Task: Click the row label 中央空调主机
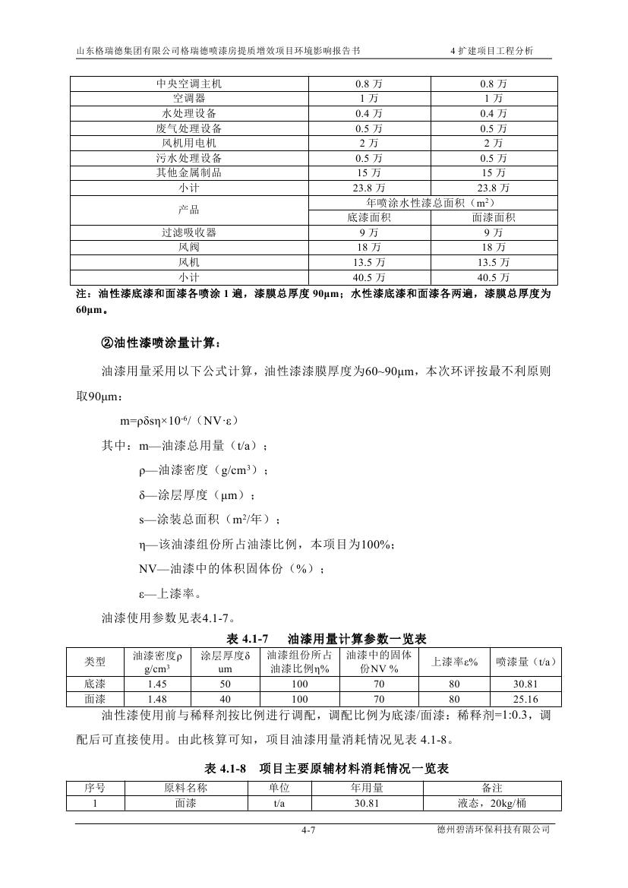coord(189,84)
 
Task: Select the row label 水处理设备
coord(189,113)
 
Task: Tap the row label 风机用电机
coord(189,143)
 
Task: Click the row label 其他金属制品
coord(189,172)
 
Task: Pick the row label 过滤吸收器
coord(189,232)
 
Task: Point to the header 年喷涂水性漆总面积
coord(431,203)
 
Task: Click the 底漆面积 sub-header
coord(369,218)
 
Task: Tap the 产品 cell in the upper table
coord(189,210)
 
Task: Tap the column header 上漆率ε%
coord(454,662)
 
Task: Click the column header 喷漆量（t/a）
coord(525,662)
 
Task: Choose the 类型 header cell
coord(95,662)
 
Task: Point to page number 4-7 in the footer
coord(308,830)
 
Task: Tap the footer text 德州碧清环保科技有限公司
coord(488,830)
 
